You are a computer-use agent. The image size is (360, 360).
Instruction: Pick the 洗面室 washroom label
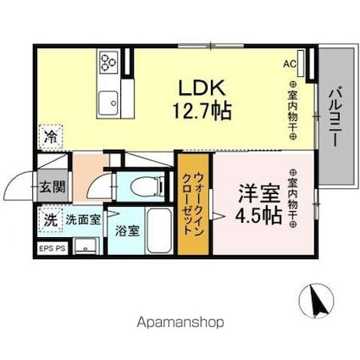(82, 219)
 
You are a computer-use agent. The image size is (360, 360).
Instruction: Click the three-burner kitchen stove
(108, 61)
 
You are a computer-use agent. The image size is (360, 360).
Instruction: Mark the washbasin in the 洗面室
(85, 246)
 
